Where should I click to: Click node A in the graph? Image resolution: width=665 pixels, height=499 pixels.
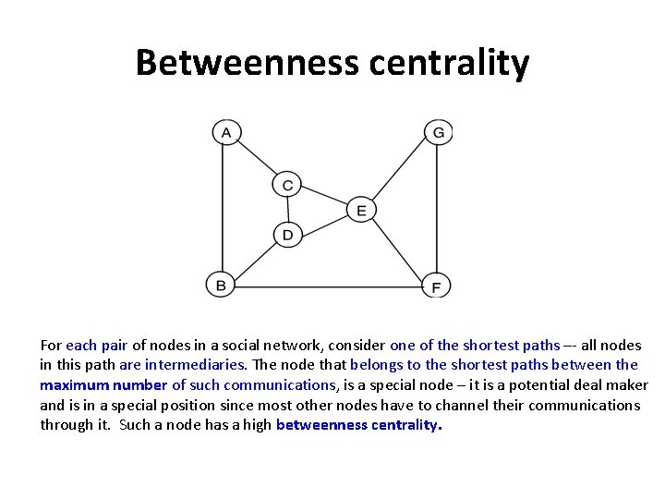click(x=224, y=132)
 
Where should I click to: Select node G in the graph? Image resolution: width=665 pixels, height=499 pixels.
click(x=438, y=132)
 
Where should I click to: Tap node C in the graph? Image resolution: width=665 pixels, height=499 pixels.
click(x=287, y=185)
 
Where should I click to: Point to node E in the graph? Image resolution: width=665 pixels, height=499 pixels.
click(x=361, y=210)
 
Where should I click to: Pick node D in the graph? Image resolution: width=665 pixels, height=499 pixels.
click(x=287, y=235)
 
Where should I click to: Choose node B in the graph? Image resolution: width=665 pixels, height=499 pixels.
click(x=220, y=286)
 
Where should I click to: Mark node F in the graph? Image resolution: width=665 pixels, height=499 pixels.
click(x=436, y=286)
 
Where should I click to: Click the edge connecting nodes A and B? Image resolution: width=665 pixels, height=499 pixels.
click(x=222, y=208)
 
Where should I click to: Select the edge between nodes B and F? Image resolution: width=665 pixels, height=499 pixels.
click(x=328, y=286)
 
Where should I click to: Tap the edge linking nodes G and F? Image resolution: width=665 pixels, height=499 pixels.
click(x=437, y=208)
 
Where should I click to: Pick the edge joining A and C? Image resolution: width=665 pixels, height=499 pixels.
click(x=256, y=159)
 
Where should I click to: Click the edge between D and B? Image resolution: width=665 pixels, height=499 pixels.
click(x=254, y=260)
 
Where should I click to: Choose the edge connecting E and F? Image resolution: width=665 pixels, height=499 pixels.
click(x=398, y=248)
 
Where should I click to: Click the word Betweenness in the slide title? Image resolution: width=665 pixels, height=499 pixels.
click(x=247, y=63)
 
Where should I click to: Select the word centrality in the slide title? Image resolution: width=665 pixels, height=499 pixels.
click(x=449, y=63)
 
